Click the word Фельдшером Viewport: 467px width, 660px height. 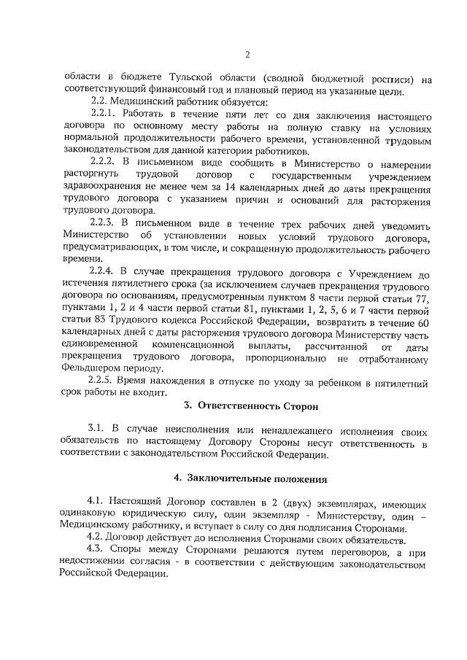point(89,371)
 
